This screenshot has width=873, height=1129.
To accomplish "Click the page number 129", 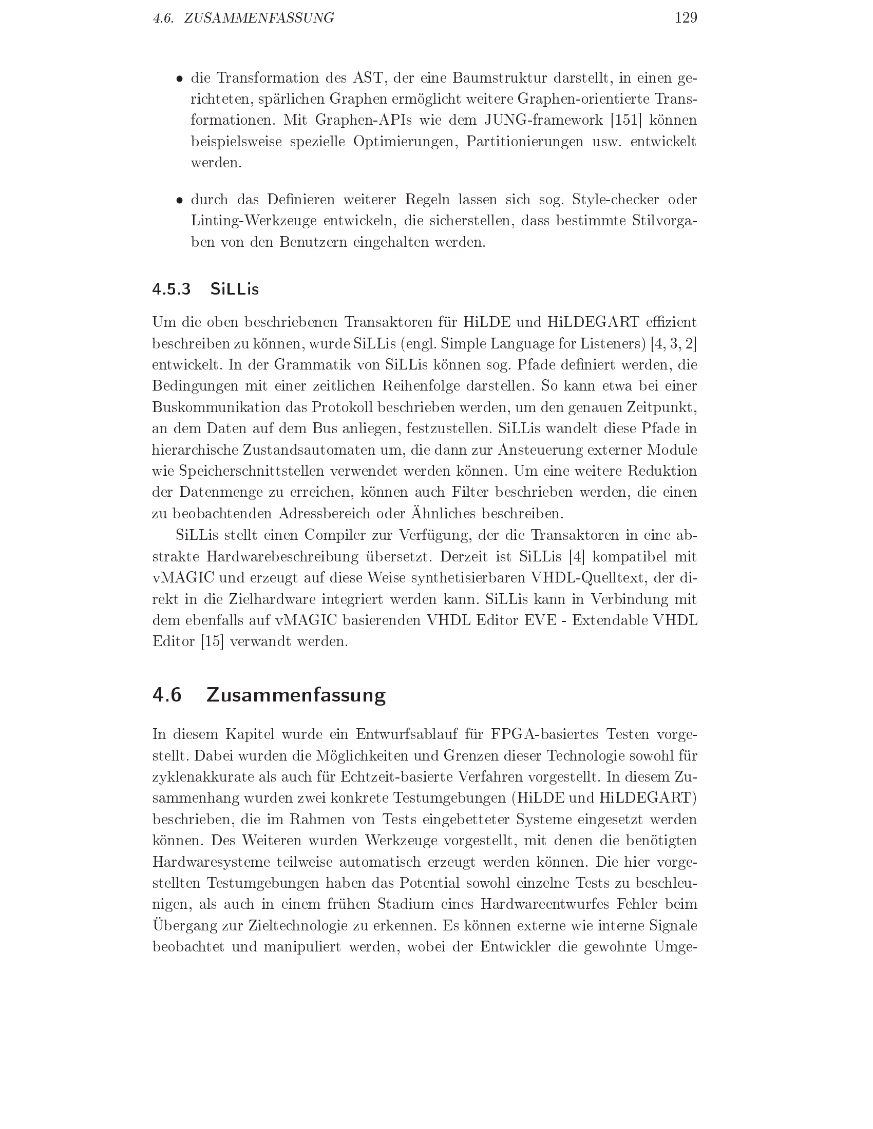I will pos(686,18).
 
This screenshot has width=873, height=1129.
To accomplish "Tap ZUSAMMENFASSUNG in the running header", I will pos(259,18).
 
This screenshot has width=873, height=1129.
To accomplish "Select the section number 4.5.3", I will pos(171,289).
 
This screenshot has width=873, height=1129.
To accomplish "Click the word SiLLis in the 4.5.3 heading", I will pos(234,289).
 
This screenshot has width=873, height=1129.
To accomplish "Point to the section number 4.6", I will pos(167,695).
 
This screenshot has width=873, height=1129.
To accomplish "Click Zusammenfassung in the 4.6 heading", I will pos(296,695).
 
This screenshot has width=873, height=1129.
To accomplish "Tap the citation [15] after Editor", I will pos(212,642).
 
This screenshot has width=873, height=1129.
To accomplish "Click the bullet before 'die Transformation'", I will pos(179,79).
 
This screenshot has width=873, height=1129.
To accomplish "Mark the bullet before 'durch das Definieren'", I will pos(179,201).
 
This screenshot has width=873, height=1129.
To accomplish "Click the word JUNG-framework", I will pos(543,121).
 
